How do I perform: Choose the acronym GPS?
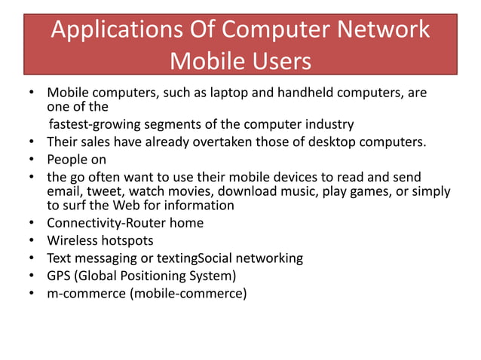61,276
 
